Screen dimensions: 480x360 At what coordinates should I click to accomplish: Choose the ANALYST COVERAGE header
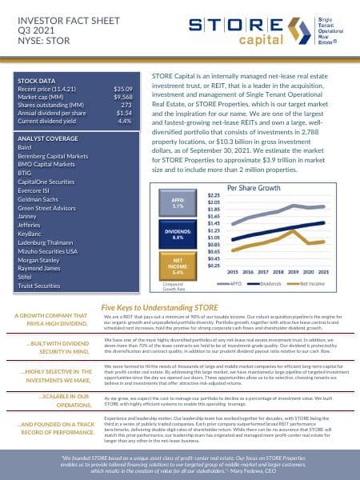click(51, 137)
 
